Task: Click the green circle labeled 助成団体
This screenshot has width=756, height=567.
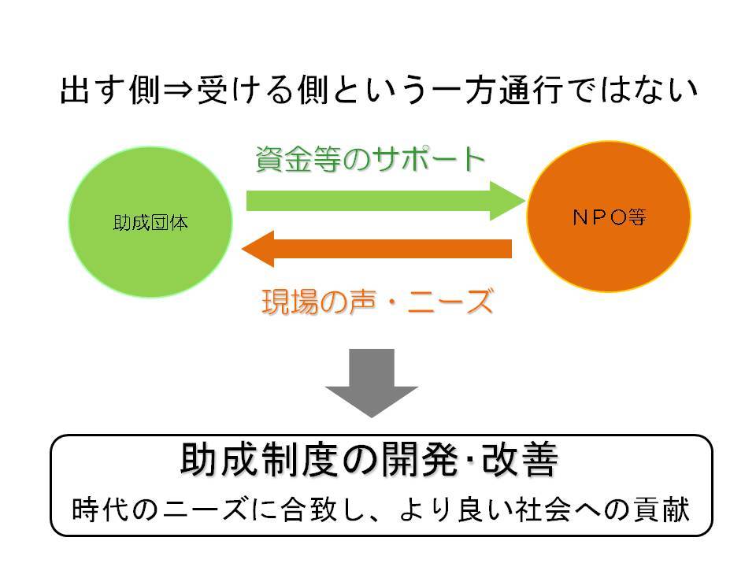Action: coord(150,222)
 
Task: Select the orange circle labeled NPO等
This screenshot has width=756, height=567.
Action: coord(609,217)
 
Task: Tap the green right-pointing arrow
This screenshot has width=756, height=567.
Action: coord(386,201)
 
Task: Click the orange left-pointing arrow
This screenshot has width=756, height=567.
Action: coord(376,249)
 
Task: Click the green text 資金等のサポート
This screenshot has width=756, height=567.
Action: coord(370,158)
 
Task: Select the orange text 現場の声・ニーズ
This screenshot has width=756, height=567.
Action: coord(377,302)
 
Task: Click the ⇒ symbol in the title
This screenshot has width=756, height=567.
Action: coord(178,90)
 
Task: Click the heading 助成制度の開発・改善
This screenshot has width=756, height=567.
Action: coord(369,459)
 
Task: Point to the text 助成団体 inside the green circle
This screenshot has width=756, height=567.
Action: coord(150,223)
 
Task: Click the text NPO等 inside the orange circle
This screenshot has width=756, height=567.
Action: coord(609,217)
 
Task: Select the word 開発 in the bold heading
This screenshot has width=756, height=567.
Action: coord(420,459)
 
